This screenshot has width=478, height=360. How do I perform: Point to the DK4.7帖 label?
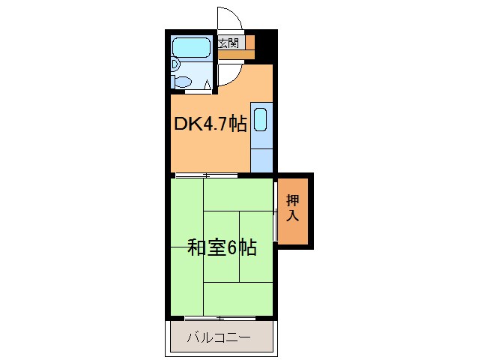210,124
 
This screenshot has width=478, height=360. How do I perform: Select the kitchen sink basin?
260,120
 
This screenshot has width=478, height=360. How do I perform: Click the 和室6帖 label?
222,247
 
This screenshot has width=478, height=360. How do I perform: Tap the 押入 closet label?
293,208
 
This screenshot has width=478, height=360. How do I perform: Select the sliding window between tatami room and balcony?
220,318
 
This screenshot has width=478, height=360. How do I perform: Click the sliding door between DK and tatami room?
206,175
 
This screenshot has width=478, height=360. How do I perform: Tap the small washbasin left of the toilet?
174,65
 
